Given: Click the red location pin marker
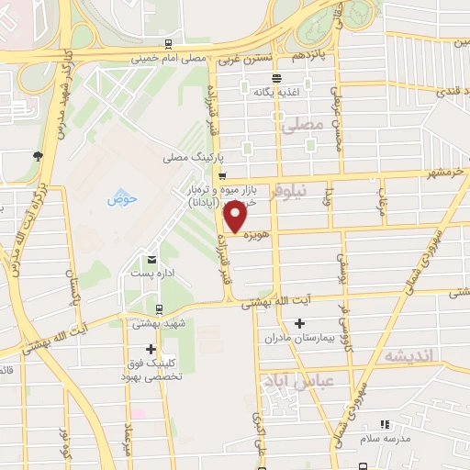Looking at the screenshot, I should coord(236,218).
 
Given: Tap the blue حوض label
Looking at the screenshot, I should coord(121,198).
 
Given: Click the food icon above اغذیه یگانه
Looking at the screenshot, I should coord(244,90).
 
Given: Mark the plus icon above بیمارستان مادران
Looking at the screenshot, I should coord(300,323).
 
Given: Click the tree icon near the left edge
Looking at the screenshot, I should coord(37,154).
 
